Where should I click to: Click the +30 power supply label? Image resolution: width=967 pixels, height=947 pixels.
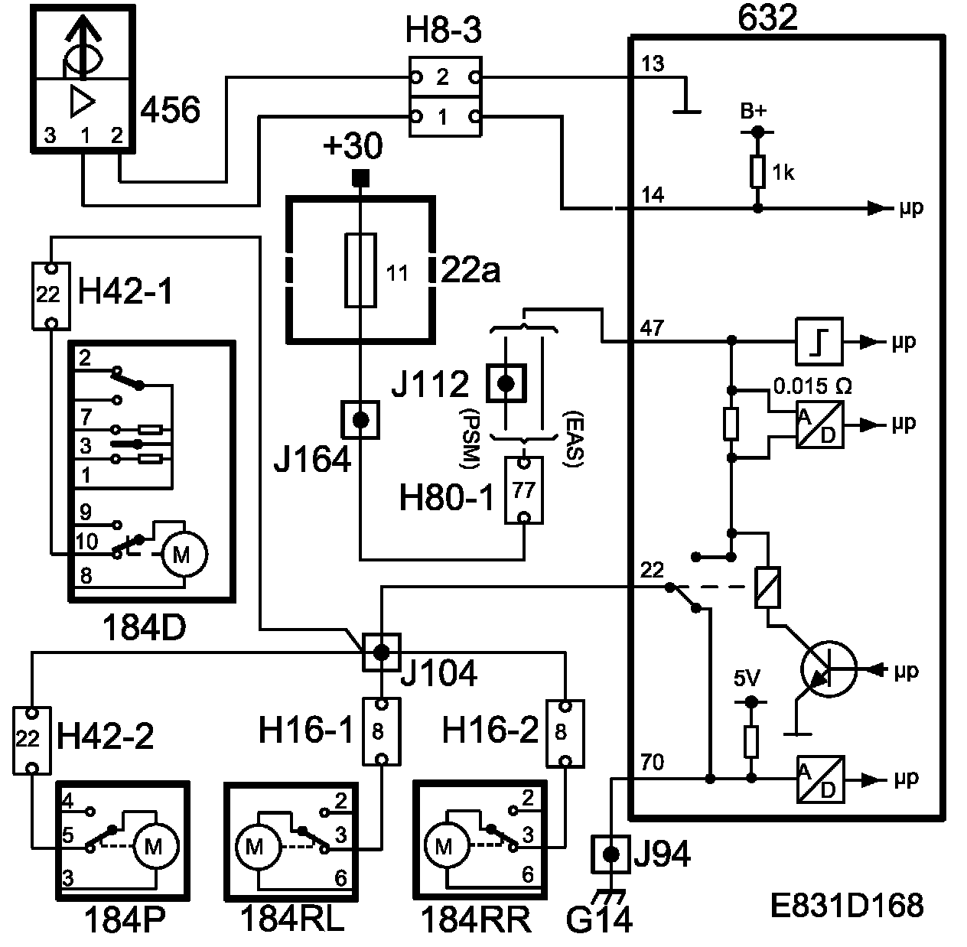click(x=353, y=145)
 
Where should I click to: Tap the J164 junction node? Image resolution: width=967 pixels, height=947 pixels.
click(x=360, y=419)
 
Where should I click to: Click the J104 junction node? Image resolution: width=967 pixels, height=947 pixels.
click(x=380, y=652)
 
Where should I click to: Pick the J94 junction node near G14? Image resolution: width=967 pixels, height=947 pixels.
click(x=610, y=854)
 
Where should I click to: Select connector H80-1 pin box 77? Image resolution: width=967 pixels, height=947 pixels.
click(x=524, y=490)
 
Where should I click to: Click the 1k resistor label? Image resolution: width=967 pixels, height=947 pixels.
click(x=783, y=173)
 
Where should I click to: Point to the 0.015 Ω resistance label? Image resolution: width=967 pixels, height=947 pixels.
click(x=811, y=386)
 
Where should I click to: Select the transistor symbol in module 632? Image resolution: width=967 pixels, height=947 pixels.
click(x=827, y=670)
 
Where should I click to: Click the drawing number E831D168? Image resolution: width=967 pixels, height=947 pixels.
click(x=846, y=906)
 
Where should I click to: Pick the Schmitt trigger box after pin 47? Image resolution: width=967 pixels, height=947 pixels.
click(x=819, y=340)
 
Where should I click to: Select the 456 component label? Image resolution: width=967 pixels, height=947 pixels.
click(x=170, y=111)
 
